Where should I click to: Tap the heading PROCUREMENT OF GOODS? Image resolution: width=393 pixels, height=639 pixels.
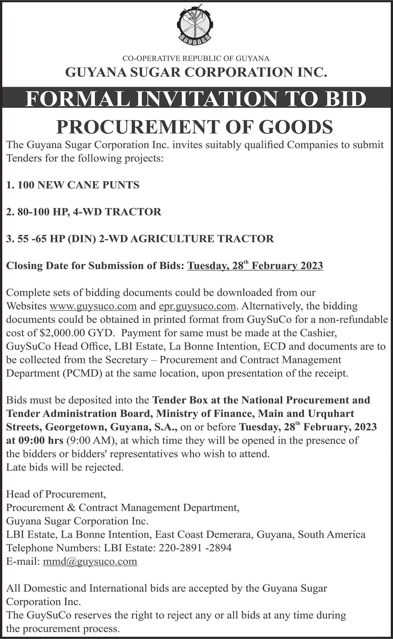tap(195, 127)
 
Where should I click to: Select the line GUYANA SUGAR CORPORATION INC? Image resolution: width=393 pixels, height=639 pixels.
tap(196, 72)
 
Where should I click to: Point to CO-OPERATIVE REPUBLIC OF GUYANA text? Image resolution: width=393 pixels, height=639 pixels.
tap(196, 58)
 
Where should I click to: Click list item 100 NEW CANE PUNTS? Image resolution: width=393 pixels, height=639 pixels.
tap(73, 185)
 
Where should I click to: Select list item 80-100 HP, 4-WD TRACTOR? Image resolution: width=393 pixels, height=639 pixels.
tap(84, 212)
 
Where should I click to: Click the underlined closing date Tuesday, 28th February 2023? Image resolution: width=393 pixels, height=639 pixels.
tap(255, 266)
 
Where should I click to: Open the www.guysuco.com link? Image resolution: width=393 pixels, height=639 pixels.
tap(93, 306)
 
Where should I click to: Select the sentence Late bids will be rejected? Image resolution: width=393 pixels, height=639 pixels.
tap(65, 468)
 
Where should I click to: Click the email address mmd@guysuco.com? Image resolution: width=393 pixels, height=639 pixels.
tap(90, 561)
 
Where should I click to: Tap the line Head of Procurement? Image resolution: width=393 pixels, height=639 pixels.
tap(56, 494)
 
